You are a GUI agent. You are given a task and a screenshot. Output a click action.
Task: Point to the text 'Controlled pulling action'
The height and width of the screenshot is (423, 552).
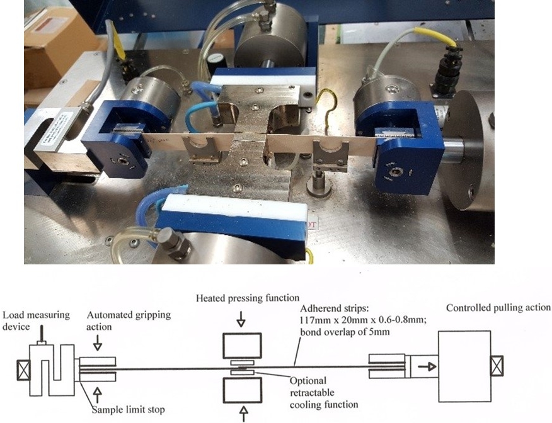coord(498,308)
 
